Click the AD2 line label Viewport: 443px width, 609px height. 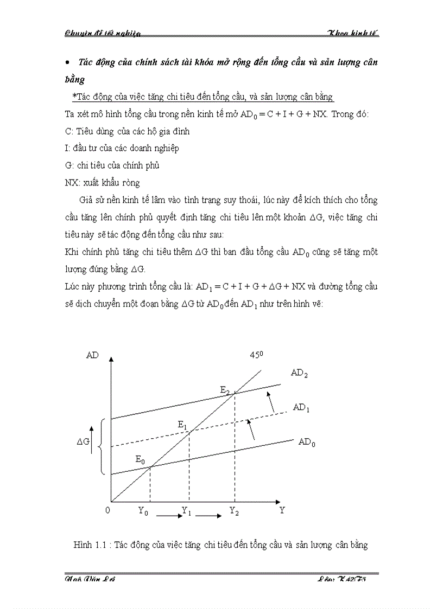299,373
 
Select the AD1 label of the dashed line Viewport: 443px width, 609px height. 301,408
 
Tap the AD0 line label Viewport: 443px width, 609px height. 307,442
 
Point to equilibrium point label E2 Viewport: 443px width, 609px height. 225,390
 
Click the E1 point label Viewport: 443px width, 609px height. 182,425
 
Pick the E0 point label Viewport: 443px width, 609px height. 140,460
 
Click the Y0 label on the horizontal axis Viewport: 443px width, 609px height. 143,511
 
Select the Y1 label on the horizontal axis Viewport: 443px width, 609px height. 186,511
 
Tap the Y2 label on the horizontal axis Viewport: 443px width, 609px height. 234,511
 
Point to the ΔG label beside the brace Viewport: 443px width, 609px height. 83,442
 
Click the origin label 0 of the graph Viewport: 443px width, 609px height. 107,510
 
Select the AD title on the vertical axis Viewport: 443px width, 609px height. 92,355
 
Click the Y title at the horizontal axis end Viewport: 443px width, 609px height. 282,510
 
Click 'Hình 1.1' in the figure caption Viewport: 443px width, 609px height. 90,545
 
